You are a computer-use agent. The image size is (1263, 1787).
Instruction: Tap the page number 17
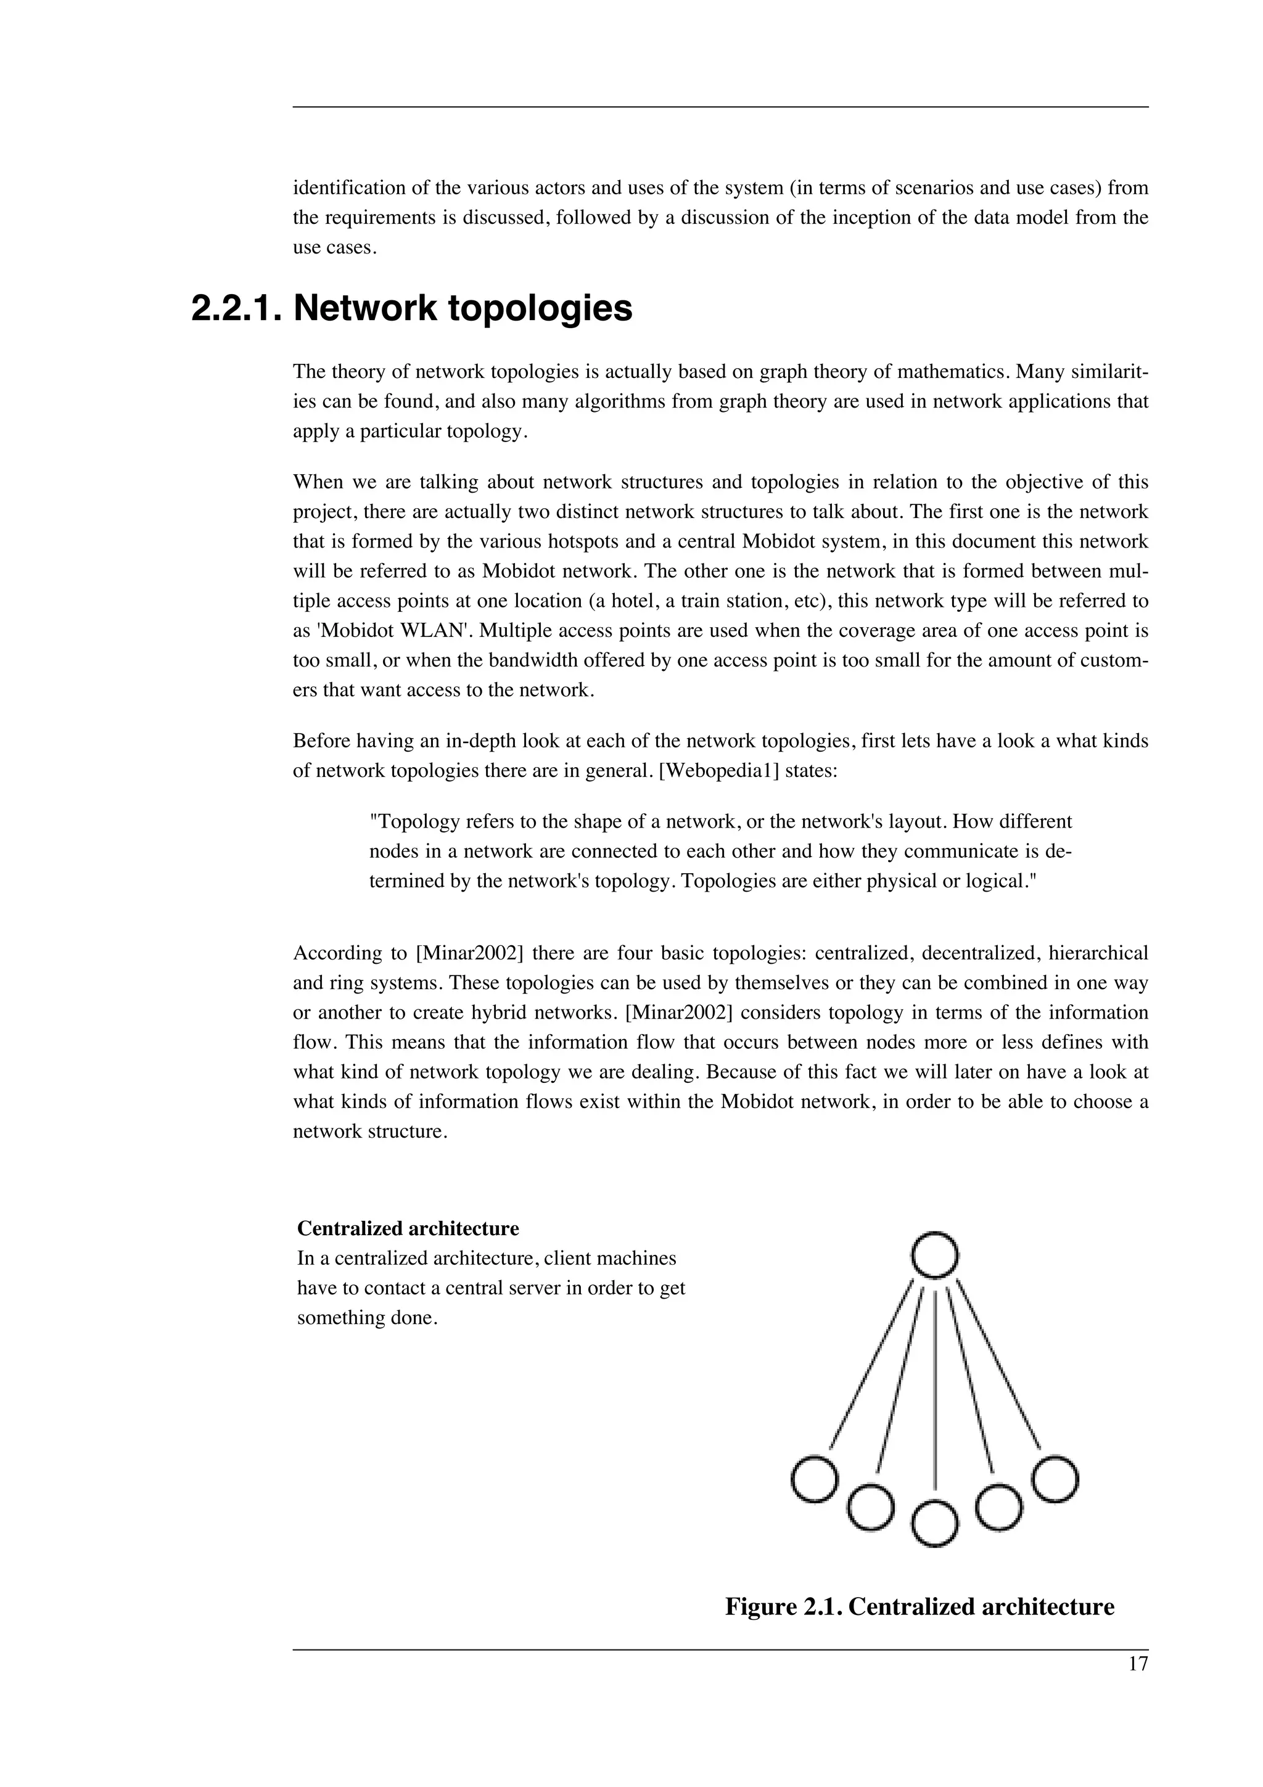[x=1137, y=1665]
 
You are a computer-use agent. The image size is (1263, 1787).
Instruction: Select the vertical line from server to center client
[x=934, y=1393]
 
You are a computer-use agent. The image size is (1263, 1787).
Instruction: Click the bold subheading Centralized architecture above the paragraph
[x=408, y=1229]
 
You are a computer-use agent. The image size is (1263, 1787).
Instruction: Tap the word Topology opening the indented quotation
[x=408, y=822]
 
